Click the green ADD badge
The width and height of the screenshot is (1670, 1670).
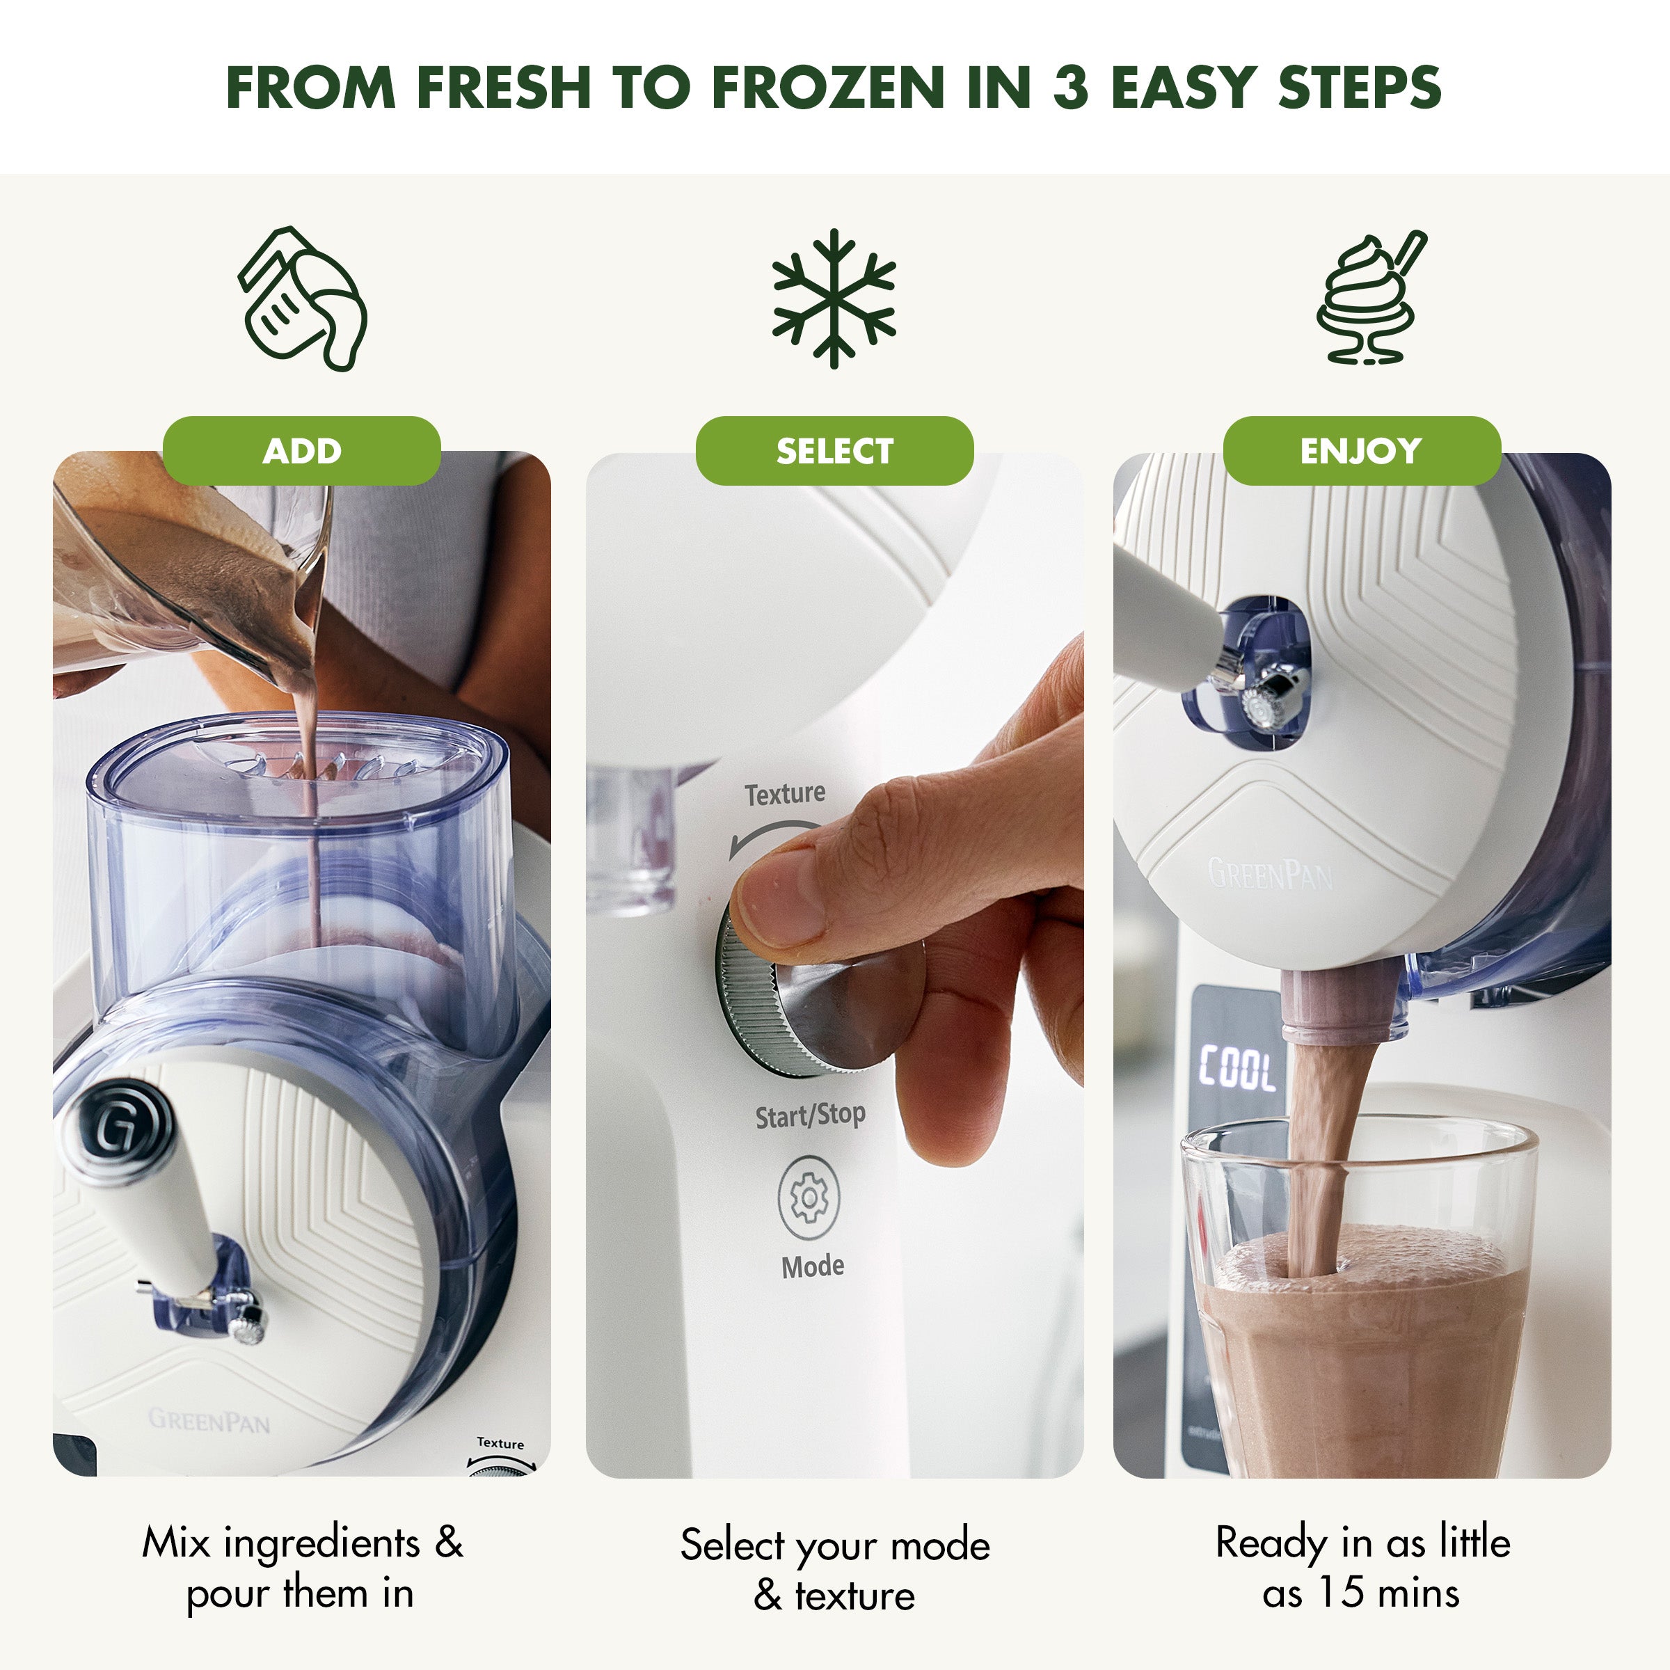(302, 450)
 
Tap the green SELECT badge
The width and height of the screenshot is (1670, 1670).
(834, 450)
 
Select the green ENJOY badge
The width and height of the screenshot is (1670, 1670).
(1362, 450)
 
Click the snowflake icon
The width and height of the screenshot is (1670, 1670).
(834, 299)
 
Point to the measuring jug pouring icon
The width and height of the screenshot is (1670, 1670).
(303, 299)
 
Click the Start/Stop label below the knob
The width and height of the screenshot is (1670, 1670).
(810, 1116)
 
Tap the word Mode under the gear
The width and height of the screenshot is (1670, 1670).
(813, 1266)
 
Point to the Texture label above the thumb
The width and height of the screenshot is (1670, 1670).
(785, 793)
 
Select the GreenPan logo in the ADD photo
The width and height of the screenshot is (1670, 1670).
(209, 1420)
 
